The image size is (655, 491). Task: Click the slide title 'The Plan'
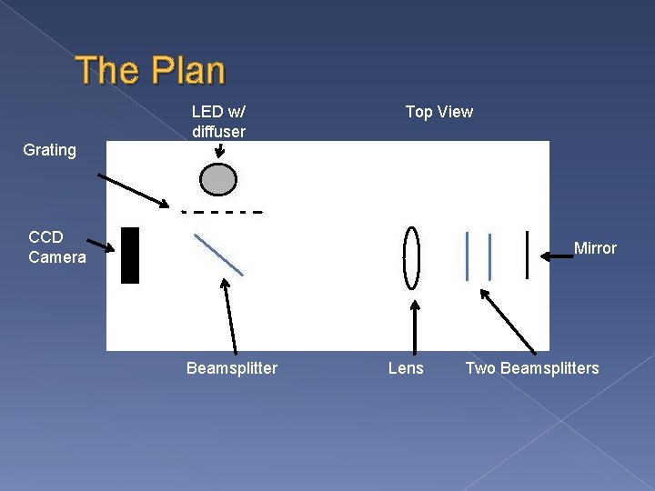click(150, 70)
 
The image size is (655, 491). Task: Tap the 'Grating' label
click(49, 150)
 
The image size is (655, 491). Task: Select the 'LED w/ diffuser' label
click(218, 121)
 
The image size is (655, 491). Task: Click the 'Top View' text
click(438, 112)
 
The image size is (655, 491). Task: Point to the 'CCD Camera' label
click(56, 246)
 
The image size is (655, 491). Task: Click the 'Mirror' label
click(595, 248)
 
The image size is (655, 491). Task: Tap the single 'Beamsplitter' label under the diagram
click(231, 368)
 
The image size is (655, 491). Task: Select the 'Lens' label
click(406, 368)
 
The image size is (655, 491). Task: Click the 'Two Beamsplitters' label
click(532, 368)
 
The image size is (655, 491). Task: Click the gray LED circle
click(218, 179)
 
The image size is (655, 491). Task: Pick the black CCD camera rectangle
click(130, 256)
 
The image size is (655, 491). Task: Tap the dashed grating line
click(222, 212)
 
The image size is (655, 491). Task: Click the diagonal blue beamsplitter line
click(218, 254)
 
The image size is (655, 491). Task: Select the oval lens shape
click(411, 257)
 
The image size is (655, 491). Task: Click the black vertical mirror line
click(527, 255)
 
